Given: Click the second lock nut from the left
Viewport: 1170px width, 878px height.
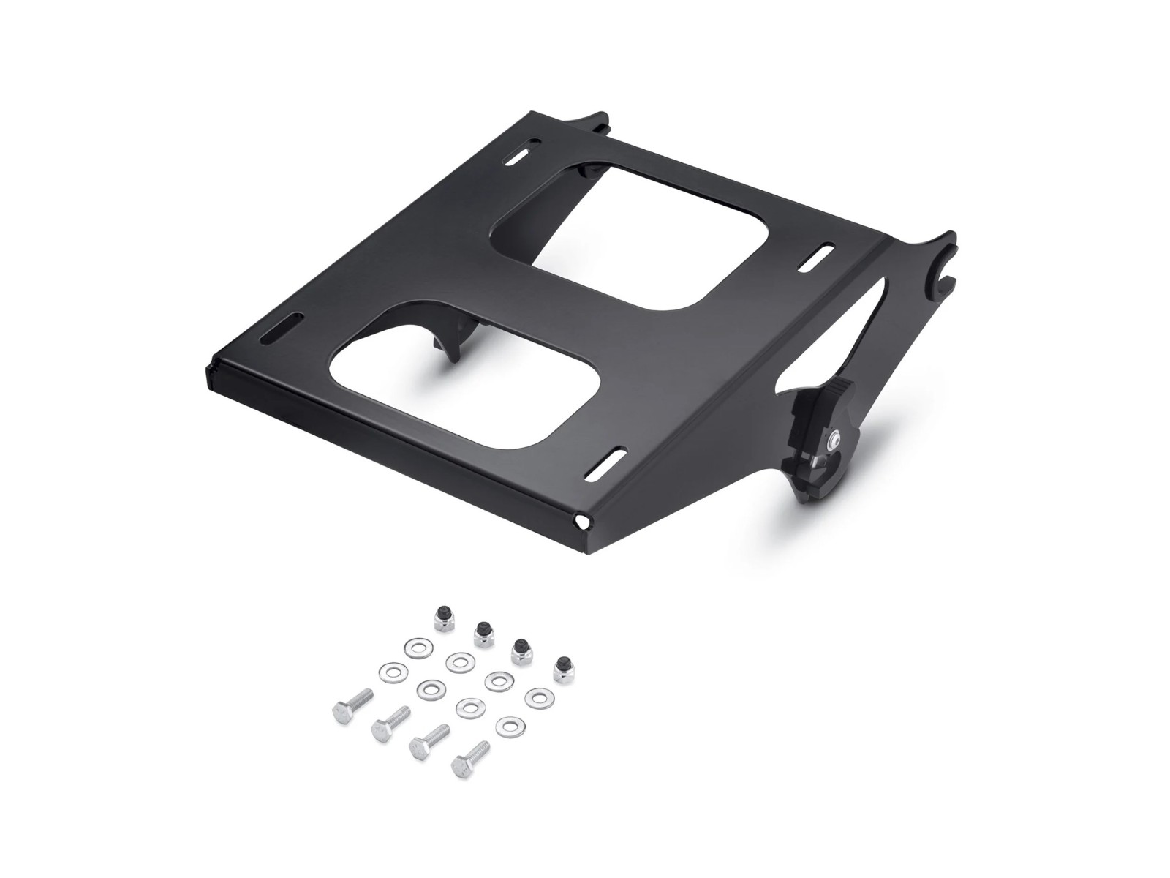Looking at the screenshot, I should coord(483,634).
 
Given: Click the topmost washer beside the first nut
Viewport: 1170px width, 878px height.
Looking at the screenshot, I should coord(419,648).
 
